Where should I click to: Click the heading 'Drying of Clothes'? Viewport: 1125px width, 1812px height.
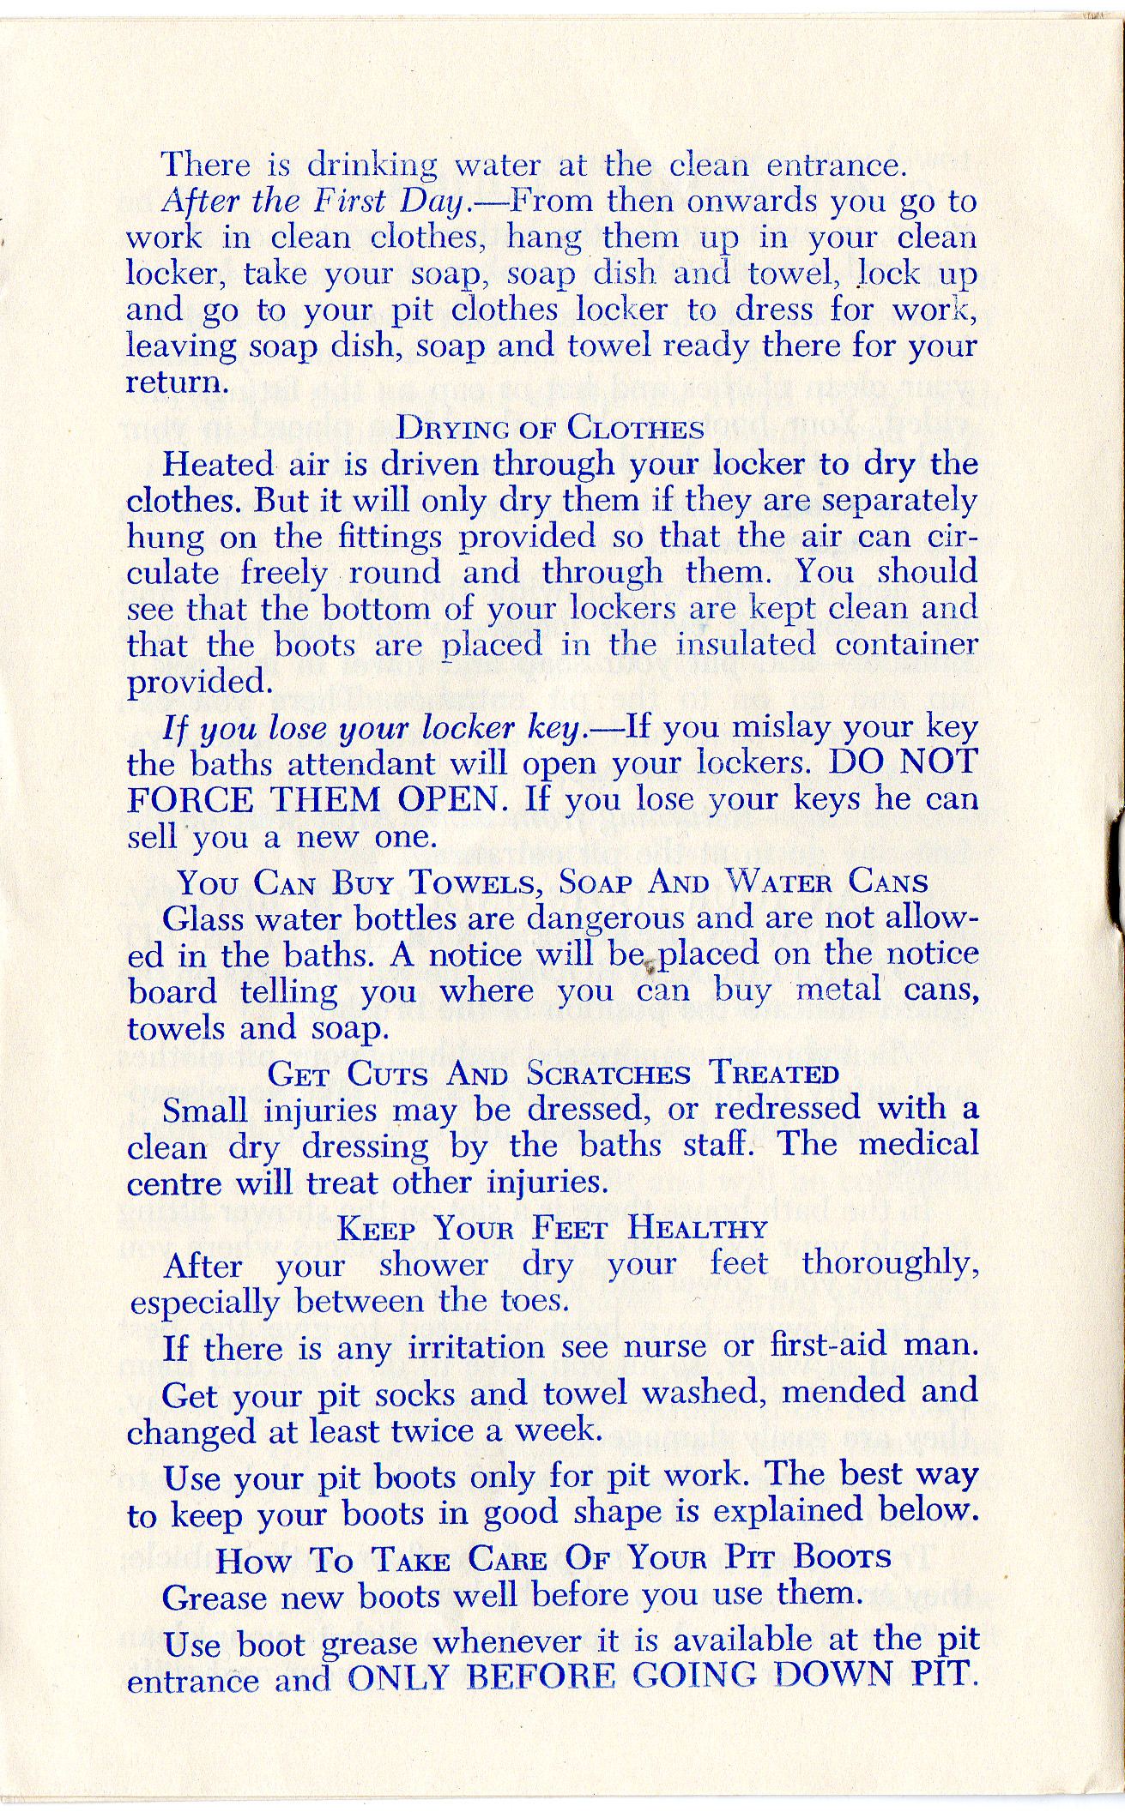point(549,427)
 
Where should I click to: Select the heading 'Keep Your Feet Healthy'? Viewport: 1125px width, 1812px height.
point(552,1229)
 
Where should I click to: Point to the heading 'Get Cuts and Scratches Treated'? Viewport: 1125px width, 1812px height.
point(553,1074)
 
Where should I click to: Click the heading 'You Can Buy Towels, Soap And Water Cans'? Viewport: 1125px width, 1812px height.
point(553,883)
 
